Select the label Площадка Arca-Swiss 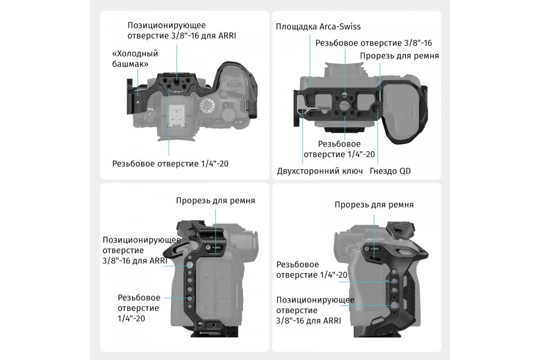318,26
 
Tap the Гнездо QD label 390,171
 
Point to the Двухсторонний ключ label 320,171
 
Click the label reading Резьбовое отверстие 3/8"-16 374,43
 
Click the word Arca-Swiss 340,26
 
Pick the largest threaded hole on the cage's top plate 176,83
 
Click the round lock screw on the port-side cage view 208,248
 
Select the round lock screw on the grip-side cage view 367,248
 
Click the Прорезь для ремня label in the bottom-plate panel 400,56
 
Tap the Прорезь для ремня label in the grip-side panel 374,205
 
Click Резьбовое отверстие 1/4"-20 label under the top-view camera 170,164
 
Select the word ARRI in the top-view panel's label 227,35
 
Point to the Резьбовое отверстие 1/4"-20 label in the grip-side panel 311,270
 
